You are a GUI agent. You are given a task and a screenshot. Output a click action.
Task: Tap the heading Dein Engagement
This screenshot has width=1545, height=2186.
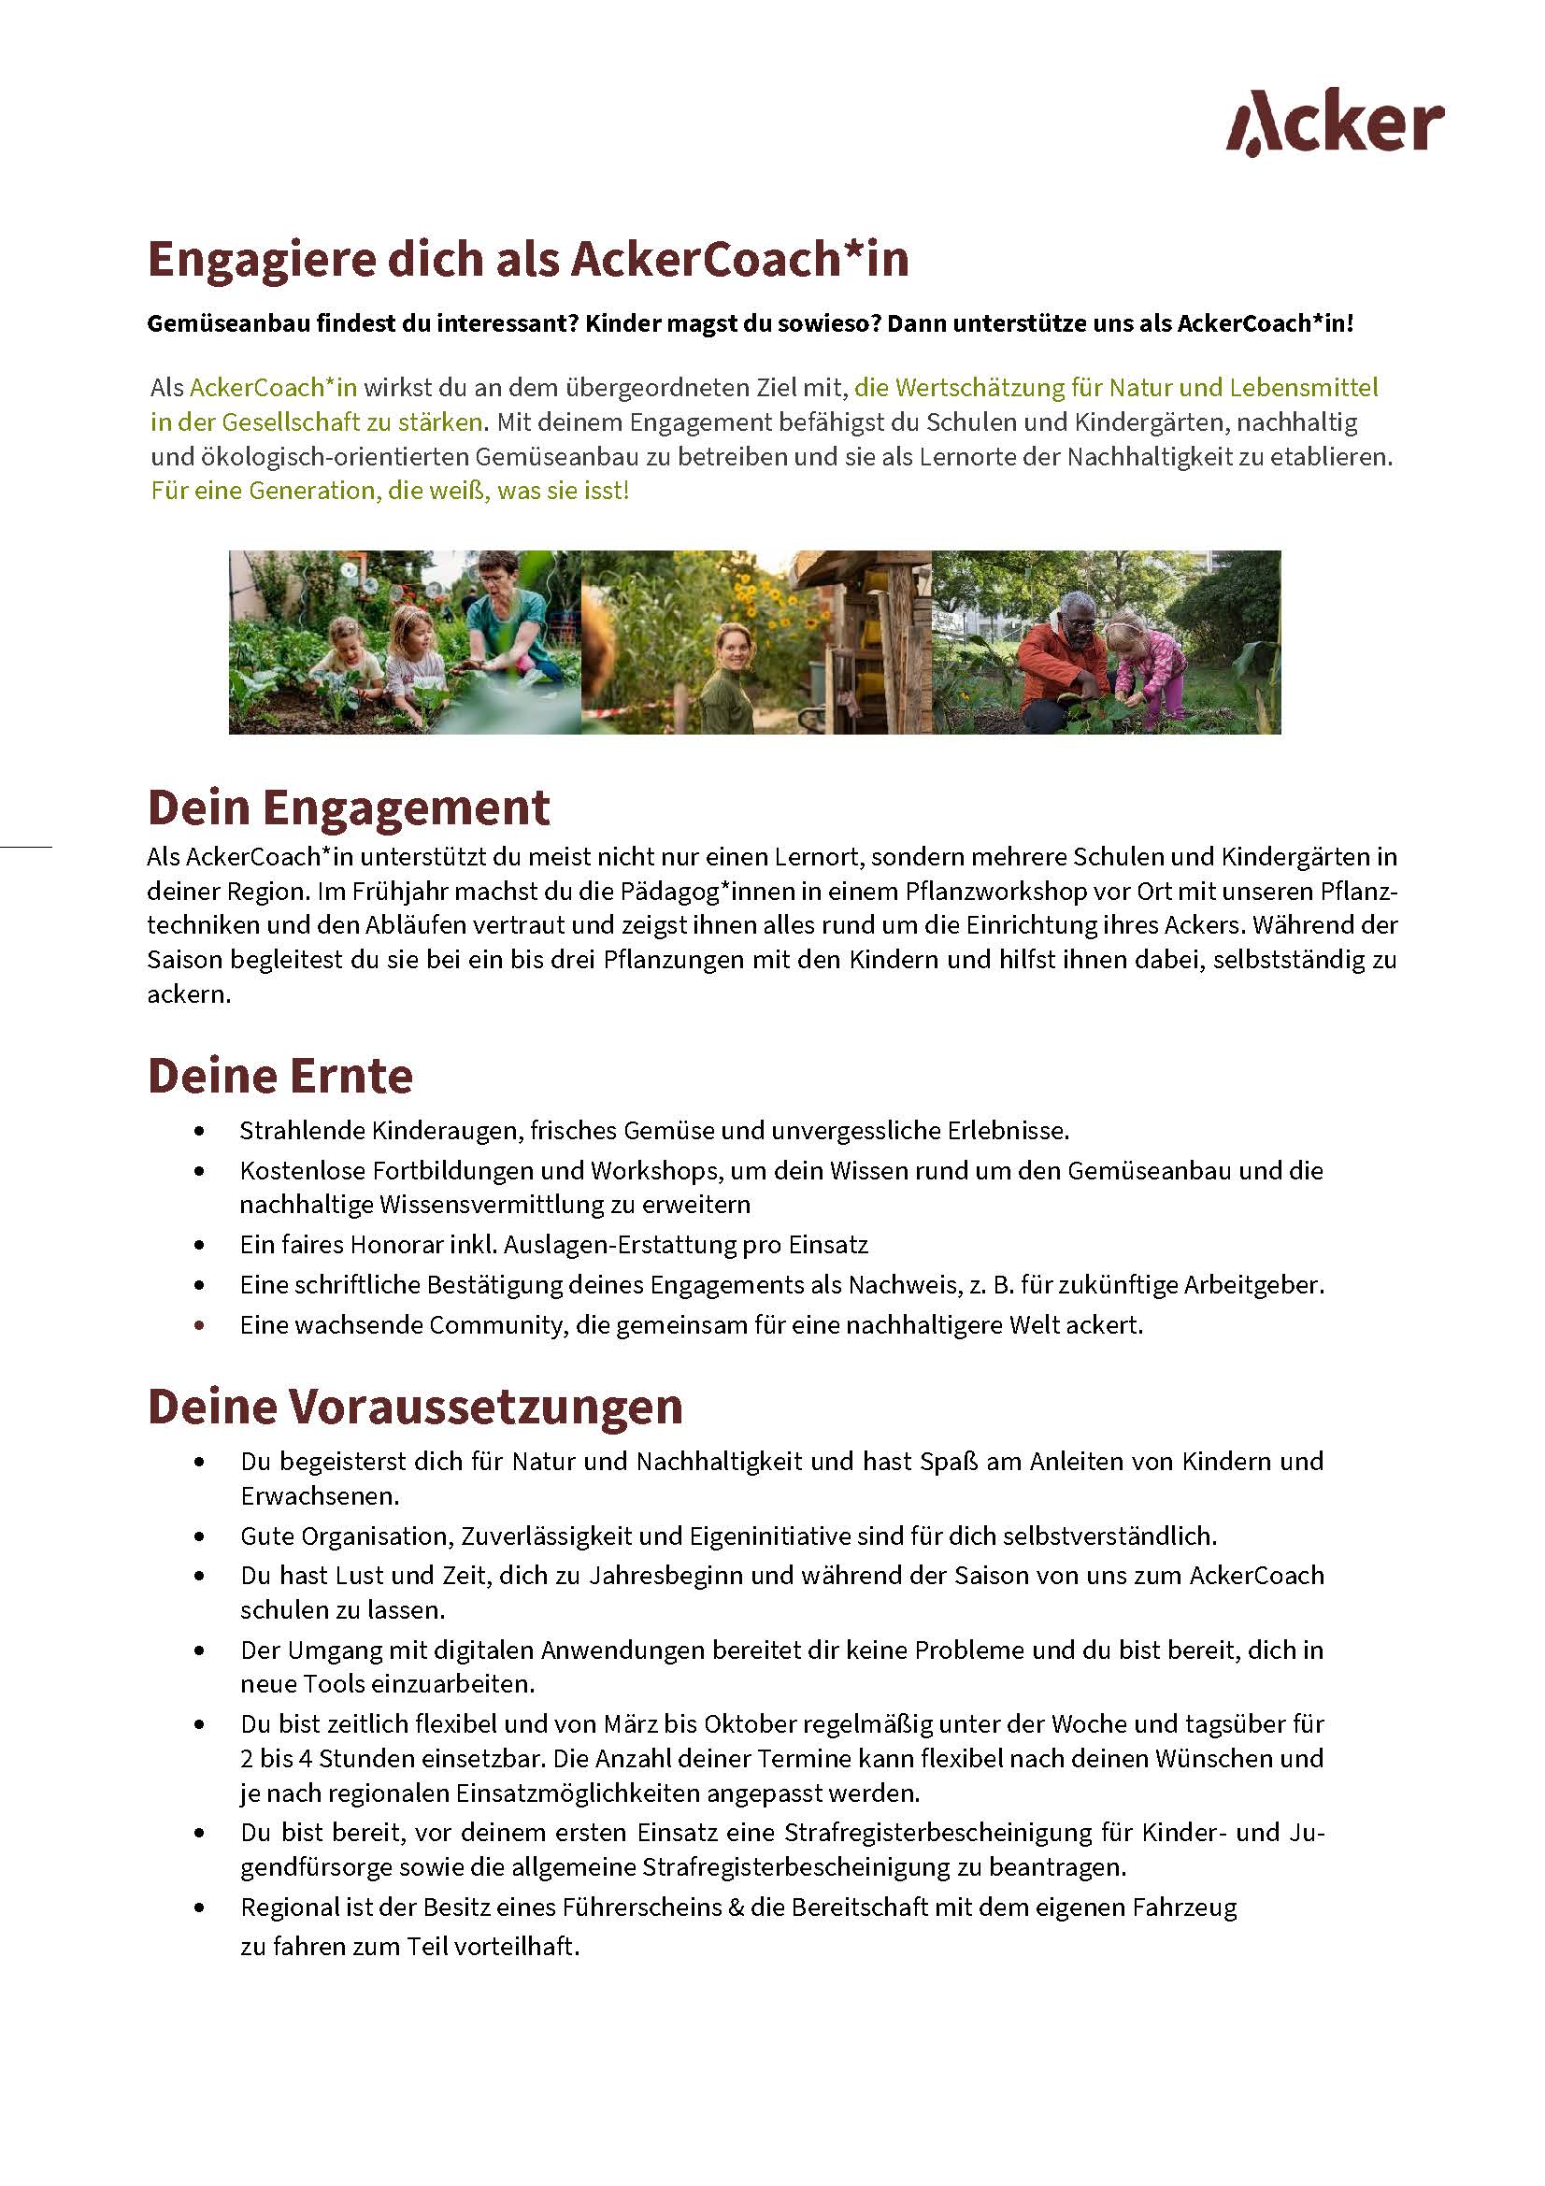pos(349,807)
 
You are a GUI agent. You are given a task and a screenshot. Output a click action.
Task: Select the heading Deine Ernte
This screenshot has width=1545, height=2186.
pos(279,1076)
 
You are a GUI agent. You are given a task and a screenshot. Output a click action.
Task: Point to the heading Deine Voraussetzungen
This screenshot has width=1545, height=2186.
pos(415,1407)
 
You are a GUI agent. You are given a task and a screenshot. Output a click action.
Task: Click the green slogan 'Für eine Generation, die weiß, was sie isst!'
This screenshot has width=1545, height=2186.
pos(390,492)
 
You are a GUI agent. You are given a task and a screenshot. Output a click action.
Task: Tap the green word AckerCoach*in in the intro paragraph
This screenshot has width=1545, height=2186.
pos(273,388)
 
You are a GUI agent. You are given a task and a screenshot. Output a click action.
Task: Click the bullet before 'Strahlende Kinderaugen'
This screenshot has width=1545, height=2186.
pos(199,1131)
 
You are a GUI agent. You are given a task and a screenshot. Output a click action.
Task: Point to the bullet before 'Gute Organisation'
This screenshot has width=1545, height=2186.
pos(199,1536)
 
